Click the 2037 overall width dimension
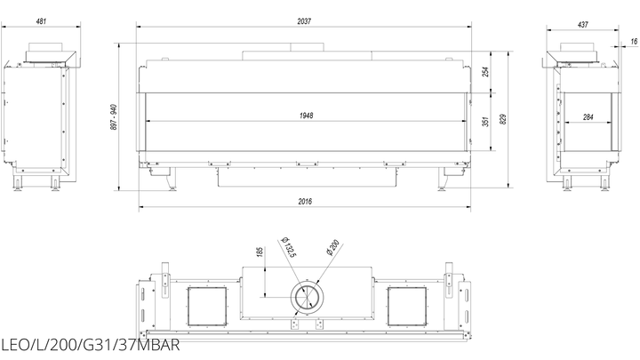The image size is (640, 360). tap(304, 21)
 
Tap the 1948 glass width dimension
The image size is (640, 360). tap(306, 116)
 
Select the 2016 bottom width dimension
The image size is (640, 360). tap(305, 201)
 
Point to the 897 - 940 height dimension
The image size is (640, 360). tap(114, 117)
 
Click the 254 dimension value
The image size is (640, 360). tap(485, 72)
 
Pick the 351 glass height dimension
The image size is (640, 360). tap(485, 122)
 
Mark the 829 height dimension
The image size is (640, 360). tap(503, 119)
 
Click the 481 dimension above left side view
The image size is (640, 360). tap(41, 21)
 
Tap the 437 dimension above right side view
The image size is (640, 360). tap(583, 25)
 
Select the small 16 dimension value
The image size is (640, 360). tap(634, 41)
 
